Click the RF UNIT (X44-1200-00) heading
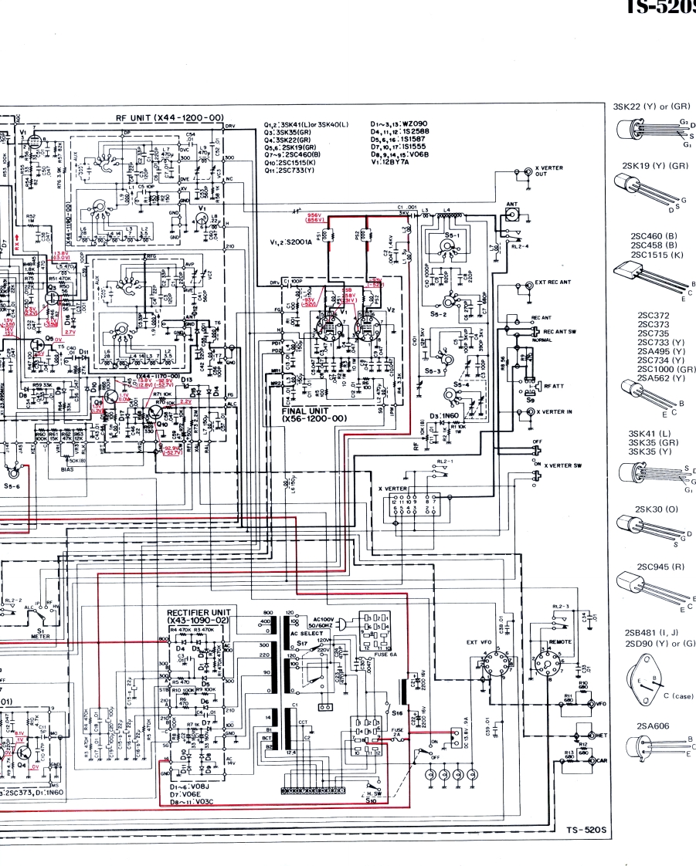click(x=169, y=117)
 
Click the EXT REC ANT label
click(x=552, y=282)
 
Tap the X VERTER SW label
click(x=562, y=465)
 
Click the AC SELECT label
click(x=304, y=633)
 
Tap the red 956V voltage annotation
click(x=314, y=215)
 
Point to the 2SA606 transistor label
click(x=650, y=726)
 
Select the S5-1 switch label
click(x=453, y=234)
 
